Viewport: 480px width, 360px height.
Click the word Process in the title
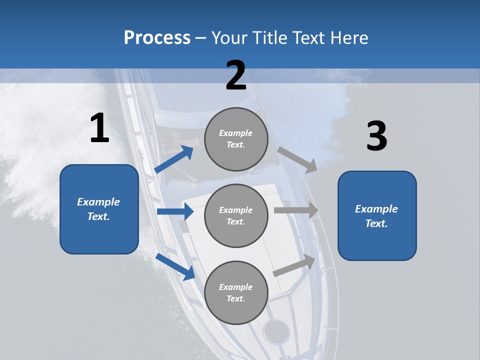(x=157, y=38)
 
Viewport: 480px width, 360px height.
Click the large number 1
(x=99, y=128)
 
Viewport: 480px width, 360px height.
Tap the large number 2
(x=236, y=75)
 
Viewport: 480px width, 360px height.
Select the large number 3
(x=376, y=136)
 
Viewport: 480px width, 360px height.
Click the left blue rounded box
(x=99, y=209)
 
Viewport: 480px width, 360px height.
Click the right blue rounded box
(x=377, y=216)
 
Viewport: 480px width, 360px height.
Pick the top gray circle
(x=236, y=139)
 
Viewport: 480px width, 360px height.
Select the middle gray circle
(x=236, y=215)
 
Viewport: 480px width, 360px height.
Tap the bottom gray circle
(x=236, y=292)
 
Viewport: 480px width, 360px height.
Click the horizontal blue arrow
(x=175, y=211)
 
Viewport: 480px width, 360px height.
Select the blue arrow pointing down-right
(x=175, y=266)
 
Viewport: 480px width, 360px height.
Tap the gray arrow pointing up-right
(x=294, y=265)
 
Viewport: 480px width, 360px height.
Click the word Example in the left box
(x=98, y=202)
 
